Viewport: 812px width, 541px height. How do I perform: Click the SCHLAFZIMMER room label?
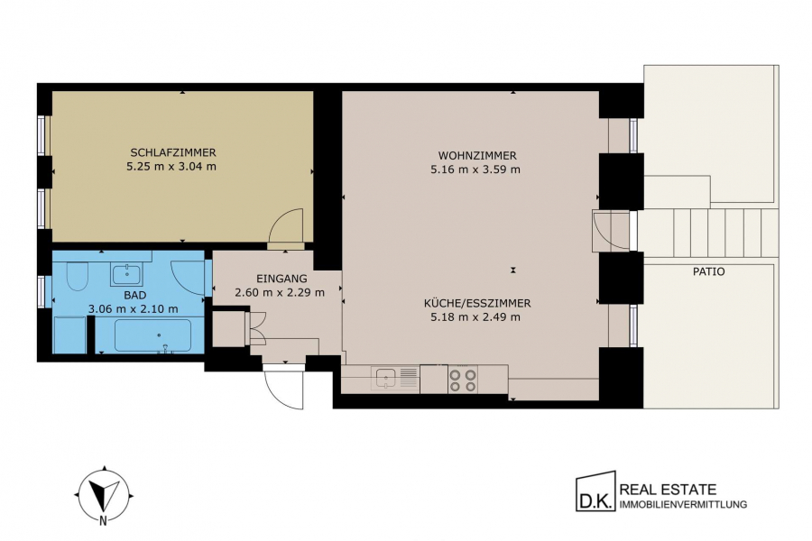173,152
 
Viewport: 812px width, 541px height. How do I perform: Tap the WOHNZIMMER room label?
477,155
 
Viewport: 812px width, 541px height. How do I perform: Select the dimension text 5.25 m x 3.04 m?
171,167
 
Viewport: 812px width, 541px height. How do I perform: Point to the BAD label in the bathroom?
134,295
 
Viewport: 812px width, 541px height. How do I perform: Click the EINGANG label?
281,279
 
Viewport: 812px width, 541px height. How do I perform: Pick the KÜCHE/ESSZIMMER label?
477,303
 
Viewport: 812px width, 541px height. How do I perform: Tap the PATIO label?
709,271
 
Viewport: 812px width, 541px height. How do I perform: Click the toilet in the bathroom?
78,277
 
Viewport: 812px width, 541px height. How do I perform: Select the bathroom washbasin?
126,274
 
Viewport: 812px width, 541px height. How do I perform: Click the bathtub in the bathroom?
152,335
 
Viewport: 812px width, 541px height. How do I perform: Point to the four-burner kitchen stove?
463,380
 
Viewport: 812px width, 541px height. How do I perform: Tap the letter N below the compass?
104,521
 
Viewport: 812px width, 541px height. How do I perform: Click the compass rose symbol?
106,491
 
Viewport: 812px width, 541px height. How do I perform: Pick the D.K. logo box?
596,491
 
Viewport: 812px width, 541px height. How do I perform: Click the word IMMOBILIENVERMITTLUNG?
684,504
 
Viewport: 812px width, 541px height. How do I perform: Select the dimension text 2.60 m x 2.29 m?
280,292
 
